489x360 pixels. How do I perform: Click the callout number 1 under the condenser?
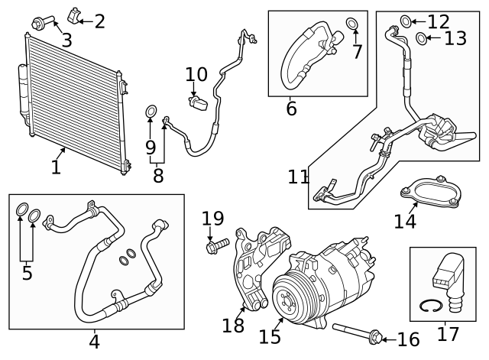click(x=56, y=167)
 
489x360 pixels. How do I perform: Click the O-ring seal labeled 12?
click(x=405, y=21)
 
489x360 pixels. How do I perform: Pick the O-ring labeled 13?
click(x=421, y=37)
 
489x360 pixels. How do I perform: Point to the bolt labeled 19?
click(x=215, y=246)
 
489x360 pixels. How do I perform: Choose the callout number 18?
click(x=233, y=325)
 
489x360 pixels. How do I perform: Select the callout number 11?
click(x=299, y=178)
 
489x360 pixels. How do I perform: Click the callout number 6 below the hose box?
click(x=291, y=109)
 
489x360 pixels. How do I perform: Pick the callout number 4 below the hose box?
click(x=94, y=341)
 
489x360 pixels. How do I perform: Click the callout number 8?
click(x=158, y=175)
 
